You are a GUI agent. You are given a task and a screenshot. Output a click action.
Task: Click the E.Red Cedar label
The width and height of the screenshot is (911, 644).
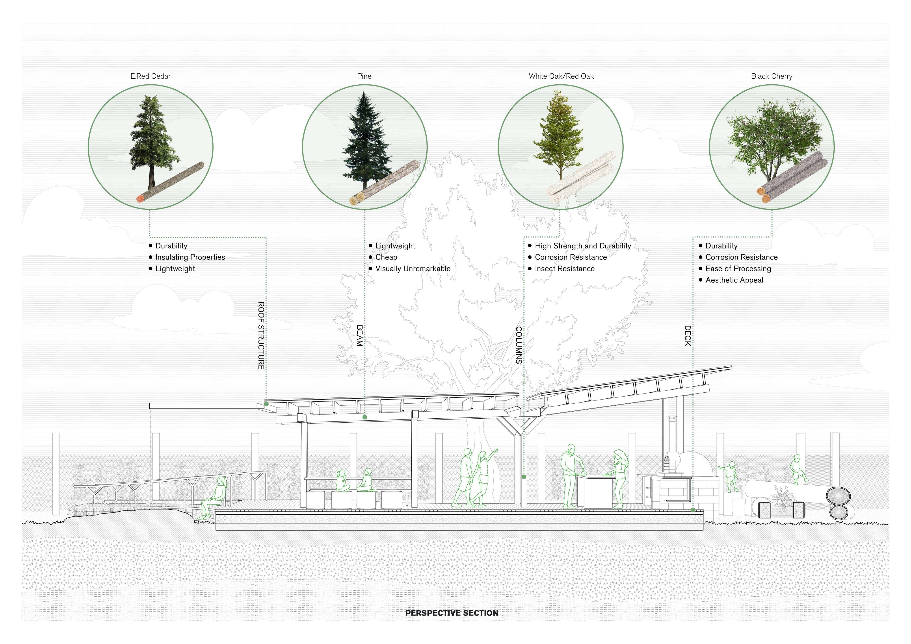click(x=150, y=76)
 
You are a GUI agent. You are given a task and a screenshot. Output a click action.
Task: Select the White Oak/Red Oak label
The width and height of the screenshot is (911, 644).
click(x=561, y=76)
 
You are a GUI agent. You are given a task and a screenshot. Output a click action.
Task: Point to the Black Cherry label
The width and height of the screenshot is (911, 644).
click(x=771, y=76)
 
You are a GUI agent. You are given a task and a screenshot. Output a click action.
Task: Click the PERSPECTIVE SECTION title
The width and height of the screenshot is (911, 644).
click(x=452, y=613)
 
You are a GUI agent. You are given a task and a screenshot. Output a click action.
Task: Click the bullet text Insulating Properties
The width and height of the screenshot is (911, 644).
click(x=190, y=257)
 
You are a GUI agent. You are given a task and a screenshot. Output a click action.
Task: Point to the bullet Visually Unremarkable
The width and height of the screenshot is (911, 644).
click(x=413, y=269)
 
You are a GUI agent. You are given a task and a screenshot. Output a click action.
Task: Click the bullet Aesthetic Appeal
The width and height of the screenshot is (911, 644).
click(x=734, y=280)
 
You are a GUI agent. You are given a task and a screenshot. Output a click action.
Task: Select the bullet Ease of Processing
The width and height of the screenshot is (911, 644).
click(x=738, y=269)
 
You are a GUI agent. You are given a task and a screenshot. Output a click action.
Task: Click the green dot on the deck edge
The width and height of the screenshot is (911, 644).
click(x=693, y=509)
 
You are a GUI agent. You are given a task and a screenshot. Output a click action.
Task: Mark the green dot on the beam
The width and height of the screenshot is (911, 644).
click(x=365, y=417)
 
